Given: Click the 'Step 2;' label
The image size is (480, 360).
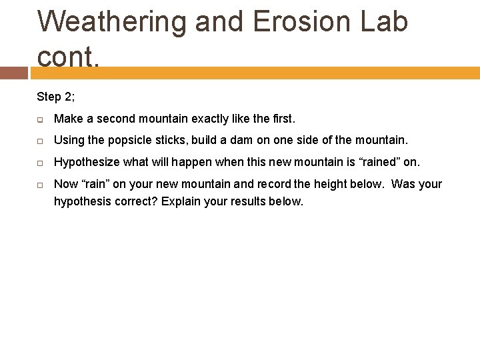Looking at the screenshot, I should pos(56,97).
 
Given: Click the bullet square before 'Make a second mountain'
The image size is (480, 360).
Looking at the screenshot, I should pos(41,119).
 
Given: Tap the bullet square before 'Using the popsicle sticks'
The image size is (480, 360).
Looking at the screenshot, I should pos(41,141).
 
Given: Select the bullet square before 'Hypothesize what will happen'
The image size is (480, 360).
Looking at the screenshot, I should pos(41,163).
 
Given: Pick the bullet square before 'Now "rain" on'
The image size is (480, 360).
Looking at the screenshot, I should pos(41,185).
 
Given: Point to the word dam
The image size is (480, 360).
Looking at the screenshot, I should pos(257,140).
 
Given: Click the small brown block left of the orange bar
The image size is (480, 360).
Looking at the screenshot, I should pos(13,73).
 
